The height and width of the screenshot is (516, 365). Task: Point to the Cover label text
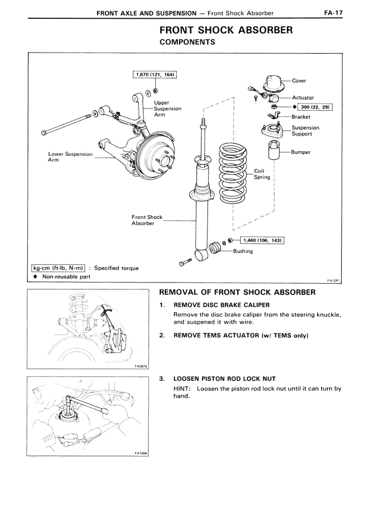pos(299,80)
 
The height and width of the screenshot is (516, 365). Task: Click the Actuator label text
pos(303,98)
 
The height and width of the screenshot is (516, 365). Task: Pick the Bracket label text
pos(301,116)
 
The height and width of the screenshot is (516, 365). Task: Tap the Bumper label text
pos(301,152)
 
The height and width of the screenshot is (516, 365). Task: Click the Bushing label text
pos(243,251)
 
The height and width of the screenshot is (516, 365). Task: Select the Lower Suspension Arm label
pos(70,157)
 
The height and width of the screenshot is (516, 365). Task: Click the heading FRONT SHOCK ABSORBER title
pos(226,30)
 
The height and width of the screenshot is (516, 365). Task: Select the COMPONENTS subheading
pos(187,42)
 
